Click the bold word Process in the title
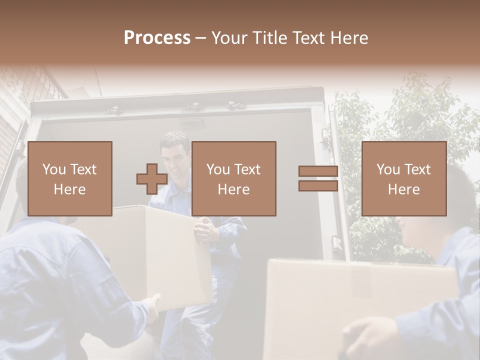tap(157, 37)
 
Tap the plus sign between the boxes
tap(152, 178)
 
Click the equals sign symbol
tap(318, 178)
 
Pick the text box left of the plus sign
tap(69, 178)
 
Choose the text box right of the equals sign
tap(403, 178)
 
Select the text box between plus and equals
tap(233, 178)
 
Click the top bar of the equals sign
tap(318, 171)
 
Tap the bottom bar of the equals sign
tap(318, 185)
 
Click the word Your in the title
tap(228, 37)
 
